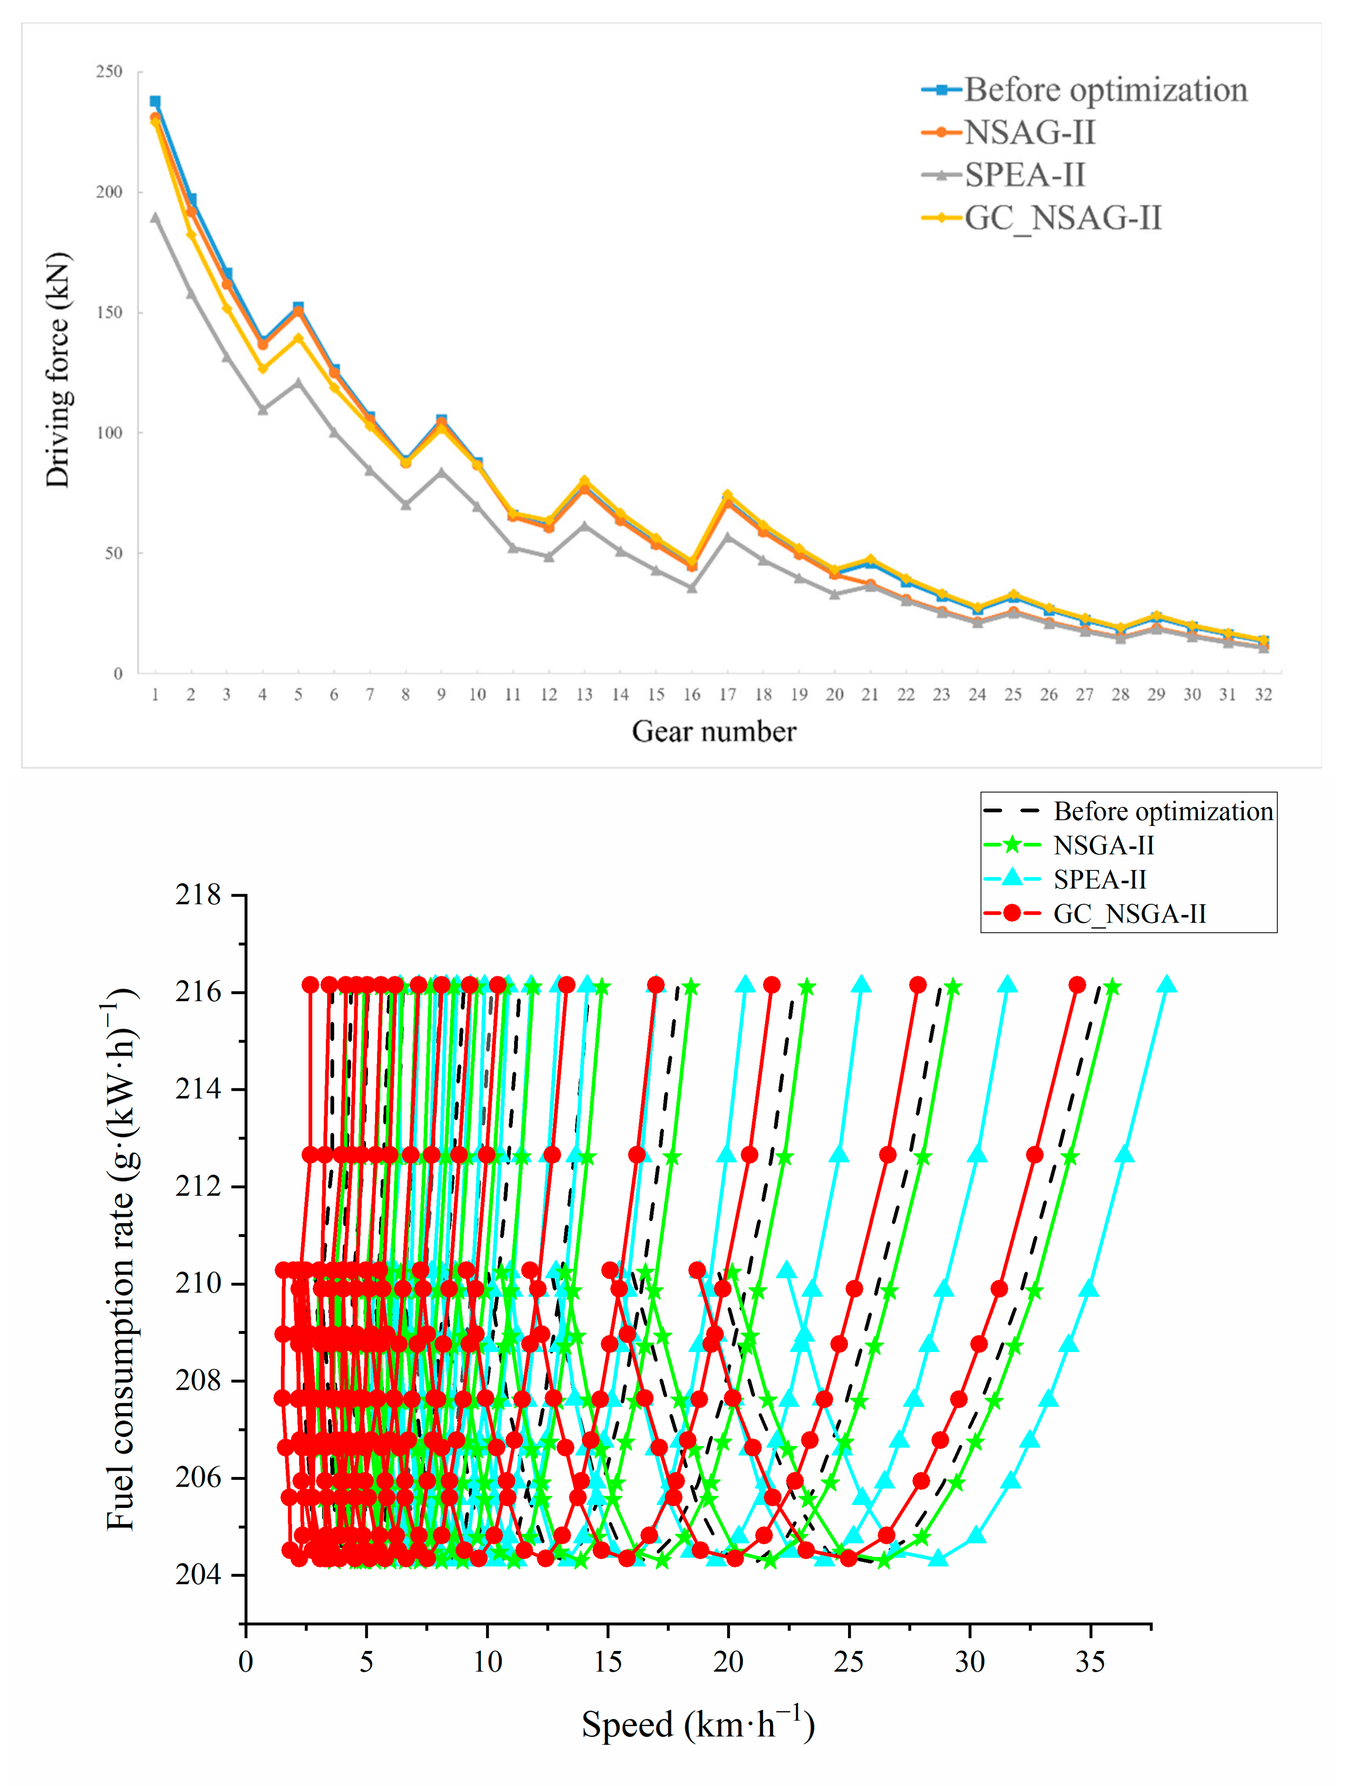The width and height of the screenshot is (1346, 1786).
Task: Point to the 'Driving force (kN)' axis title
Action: (x=58, y=370)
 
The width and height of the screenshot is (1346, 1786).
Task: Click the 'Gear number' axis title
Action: (x=714, y=731)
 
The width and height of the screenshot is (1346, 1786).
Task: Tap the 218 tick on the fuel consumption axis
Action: (x=198, y=895)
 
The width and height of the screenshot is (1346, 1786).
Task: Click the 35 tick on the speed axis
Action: (x=1090, y=1662)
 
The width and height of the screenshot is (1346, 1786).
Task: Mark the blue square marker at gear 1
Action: (x=155, y=102)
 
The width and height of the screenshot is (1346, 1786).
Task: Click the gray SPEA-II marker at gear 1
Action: (x=155, y=217)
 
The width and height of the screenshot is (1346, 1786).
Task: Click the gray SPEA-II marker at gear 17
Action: (x=727, y=536)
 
